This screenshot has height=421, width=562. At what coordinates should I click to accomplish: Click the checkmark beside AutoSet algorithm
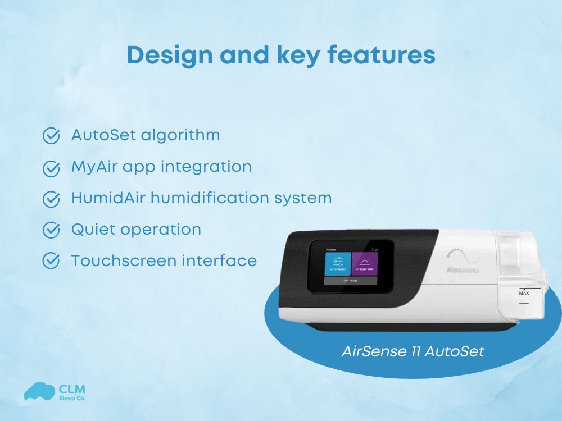[52, 136]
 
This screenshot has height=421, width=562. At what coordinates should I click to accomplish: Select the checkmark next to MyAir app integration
[52, 168]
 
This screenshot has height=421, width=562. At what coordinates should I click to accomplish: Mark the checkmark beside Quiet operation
[52, 230]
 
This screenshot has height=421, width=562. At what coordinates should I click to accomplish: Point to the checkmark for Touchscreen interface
[52, 261]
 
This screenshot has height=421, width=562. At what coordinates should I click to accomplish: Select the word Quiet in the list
[90, 230]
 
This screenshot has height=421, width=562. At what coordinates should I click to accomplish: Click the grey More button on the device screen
[351, 280]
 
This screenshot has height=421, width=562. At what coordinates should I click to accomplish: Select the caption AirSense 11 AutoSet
[413, 352]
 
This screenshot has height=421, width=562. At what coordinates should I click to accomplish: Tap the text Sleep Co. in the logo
[72, 398]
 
